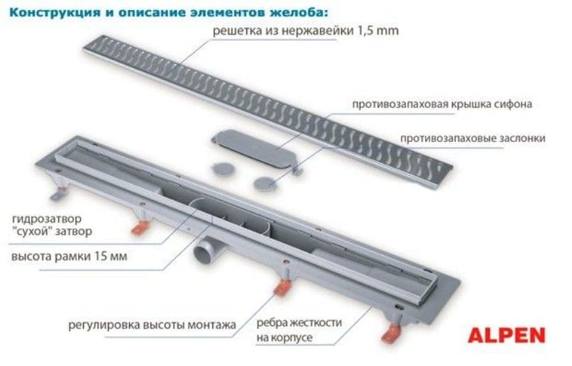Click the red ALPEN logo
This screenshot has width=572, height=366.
[x=507, y=335]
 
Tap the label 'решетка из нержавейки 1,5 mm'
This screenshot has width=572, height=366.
[x=306, y=30]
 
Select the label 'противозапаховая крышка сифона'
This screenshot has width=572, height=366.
[x=442, y=104]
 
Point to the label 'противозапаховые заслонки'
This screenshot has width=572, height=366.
[x=473, y=138]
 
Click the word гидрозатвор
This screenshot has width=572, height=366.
[x=47, y=219]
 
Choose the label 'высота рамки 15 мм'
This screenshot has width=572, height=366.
[x=70, y=256]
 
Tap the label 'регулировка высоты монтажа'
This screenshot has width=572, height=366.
[x=152, y=325]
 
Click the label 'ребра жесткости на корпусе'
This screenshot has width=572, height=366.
[x=299, y=331]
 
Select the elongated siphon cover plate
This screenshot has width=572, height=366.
[x=255, y=148]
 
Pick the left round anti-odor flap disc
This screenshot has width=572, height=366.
[x=224, y=169]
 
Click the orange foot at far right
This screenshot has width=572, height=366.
[x=391, y=333]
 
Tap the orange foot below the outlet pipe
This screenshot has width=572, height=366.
[x=282, y=287]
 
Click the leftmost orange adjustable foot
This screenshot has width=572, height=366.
[x=140, y=228]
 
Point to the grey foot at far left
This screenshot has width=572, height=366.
[x=58, y=194]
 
